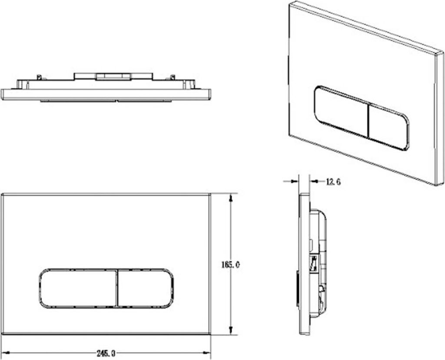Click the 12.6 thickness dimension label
(333, 181)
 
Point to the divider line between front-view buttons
(117, 288)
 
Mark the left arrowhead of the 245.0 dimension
(5, 353)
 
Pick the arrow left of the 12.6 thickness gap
(296, 181)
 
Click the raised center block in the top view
(114, 76)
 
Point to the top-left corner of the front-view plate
(2, 194)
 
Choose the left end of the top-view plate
(3, 94)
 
